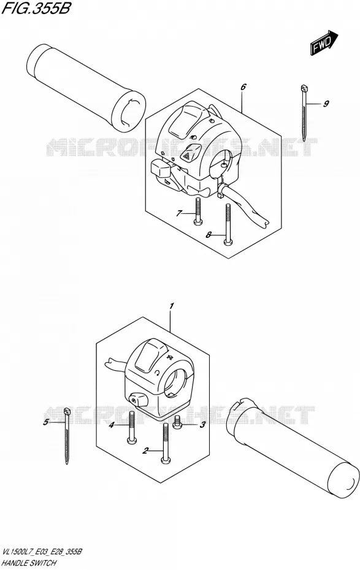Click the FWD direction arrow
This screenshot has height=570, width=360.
(324, 43)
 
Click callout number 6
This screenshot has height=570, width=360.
(243, 87)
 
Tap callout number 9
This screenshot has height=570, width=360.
(326, 104)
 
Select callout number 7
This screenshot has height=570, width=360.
(178, 213)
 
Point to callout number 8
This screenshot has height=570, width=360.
(209, 235)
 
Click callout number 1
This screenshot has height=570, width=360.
(172, 306)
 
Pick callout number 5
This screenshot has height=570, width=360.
(46, 422)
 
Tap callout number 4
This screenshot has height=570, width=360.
(112, 425)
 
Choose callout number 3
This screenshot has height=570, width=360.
(203, 424)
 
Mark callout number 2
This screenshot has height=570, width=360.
(145, 451)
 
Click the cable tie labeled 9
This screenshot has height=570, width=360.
(304, 112)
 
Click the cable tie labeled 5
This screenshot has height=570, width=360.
(67, 436)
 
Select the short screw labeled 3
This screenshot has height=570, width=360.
(177, 422)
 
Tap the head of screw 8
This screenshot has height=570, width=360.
(228, 241)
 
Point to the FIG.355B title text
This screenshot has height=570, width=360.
(36, 8)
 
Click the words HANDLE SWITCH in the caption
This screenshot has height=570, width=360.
(29, 563)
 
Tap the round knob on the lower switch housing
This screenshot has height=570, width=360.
(137, 400)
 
